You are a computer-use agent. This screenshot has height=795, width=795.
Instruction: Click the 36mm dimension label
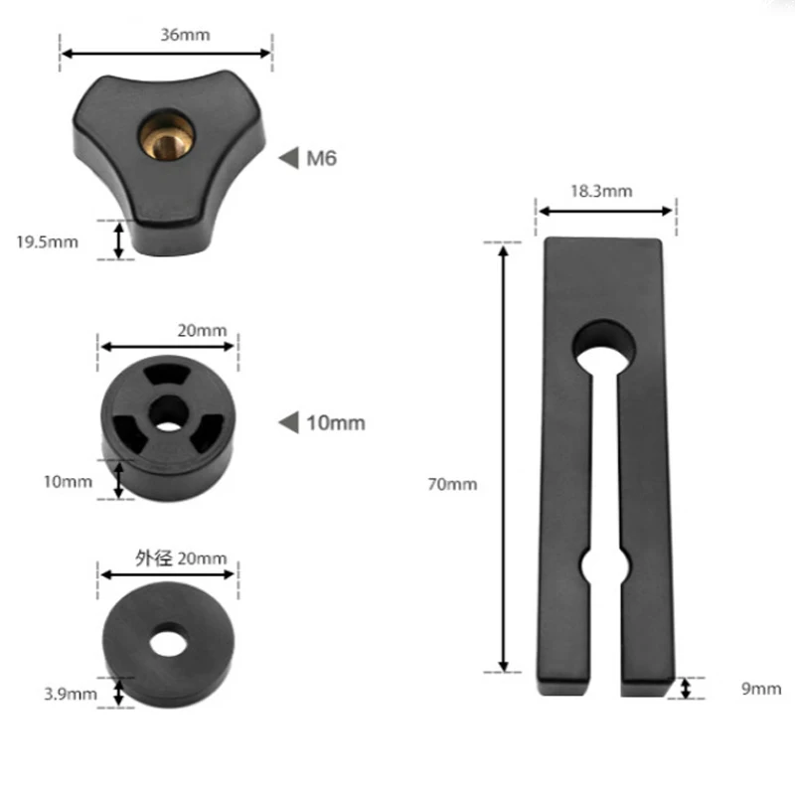pos(185,35)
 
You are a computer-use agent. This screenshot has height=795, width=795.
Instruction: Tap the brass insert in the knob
pos(166,136)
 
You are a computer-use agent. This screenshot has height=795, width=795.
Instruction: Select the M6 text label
pos(321,158)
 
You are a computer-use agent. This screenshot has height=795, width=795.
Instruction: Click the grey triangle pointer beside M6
pos(289,158)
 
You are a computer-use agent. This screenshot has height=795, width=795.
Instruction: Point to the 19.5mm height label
pos(47,241)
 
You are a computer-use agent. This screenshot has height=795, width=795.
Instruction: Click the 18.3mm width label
pos(601,191)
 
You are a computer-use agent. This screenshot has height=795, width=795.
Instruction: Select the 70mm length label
pos(452,484)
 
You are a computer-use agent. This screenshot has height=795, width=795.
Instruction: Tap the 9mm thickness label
pos(761,689)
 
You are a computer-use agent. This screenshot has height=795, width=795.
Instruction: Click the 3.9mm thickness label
pos(71,694)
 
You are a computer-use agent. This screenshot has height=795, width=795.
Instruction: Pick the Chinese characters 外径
pos(154,558)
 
